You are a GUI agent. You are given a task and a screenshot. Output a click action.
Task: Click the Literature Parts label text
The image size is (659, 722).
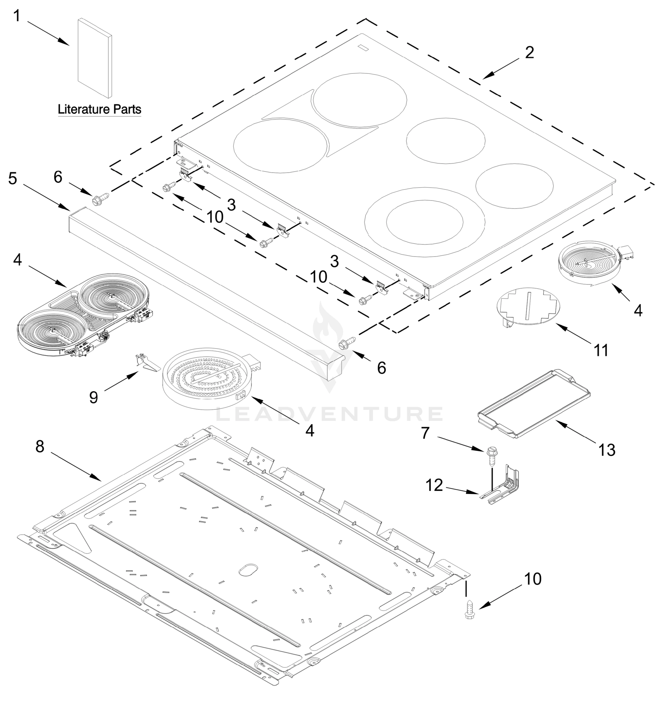(x=99, y=109)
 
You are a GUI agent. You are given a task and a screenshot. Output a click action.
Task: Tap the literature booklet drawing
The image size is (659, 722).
(x=95, y=58)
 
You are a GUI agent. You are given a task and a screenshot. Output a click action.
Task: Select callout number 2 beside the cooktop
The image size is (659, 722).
(x=529, y=53)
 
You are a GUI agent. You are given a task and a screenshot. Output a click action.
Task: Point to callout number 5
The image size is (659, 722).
(x=13, y=178)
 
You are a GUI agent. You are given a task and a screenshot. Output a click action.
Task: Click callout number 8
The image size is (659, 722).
(x=40, y=446)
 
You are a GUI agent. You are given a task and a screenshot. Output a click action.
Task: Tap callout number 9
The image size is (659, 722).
(x=94, y=397)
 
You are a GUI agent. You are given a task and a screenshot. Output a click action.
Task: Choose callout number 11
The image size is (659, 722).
(x=601, y=350)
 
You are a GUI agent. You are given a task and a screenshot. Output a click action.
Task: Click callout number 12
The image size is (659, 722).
(x=434, y=485)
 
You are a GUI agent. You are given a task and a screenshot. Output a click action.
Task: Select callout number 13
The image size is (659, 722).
(x=607, y=450)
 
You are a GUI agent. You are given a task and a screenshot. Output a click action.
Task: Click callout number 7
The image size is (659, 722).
(x=425, y=433)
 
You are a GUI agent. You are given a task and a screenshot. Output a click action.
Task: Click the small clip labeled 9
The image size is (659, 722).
(x=146, y=363)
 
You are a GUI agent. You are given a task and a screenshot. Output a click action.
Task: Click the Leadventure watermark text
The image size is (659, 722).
(x=329, y=414)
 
